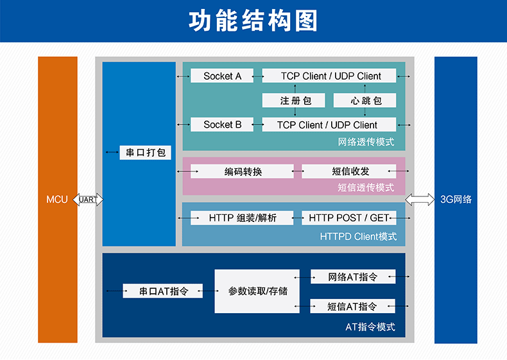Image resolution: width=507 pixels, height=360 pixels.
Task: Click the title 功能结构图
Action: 253,21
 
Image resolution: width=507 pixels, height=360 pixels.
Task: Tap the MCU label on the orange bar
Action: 57,199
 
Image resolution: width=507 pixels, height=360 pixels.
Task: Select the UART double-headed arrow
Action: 88,200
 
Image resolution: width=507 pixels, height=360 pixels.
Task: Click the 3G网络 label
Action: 456,199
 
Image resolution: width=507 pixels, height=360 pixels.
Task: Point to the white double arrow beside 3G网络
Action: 420,200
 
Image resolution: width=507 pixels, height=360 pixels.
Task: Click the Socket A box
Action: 222,76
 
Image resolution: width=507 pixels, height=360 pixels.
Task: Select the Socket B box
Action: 222,124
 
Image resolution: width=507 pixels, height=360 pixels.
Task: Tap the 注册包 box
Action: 293,100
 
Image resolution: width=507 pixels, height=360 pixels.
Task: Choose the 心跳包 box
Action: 365,100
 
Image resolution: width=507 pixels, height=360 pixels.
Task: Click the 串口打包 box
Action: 145,152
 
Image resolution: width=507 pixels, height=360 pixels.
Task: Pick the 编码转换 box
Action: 242,171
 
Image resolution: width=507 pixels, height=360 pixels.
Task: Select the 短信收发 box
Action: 349,171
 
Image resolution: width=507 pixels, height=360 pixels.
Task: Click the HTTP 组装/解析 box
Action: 242,218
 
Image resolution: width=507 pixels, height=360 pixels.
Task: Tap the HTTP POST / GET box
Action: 349,218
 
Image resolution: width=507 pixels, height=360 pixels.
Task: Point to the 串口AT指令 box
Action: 162,291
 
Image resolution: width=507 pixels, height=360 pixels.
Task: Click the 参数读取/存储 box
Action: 257,291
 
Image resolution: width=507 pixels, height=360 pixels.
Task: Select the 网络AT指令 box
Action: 353,277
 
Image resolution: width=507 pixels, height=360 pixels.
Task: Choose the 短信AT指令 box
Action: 353,306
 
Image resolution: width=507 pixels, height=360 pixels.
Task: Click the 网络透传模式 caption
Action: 366,142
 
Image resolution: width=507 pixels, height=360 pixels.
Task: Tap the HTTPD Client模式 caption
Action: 358,236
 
